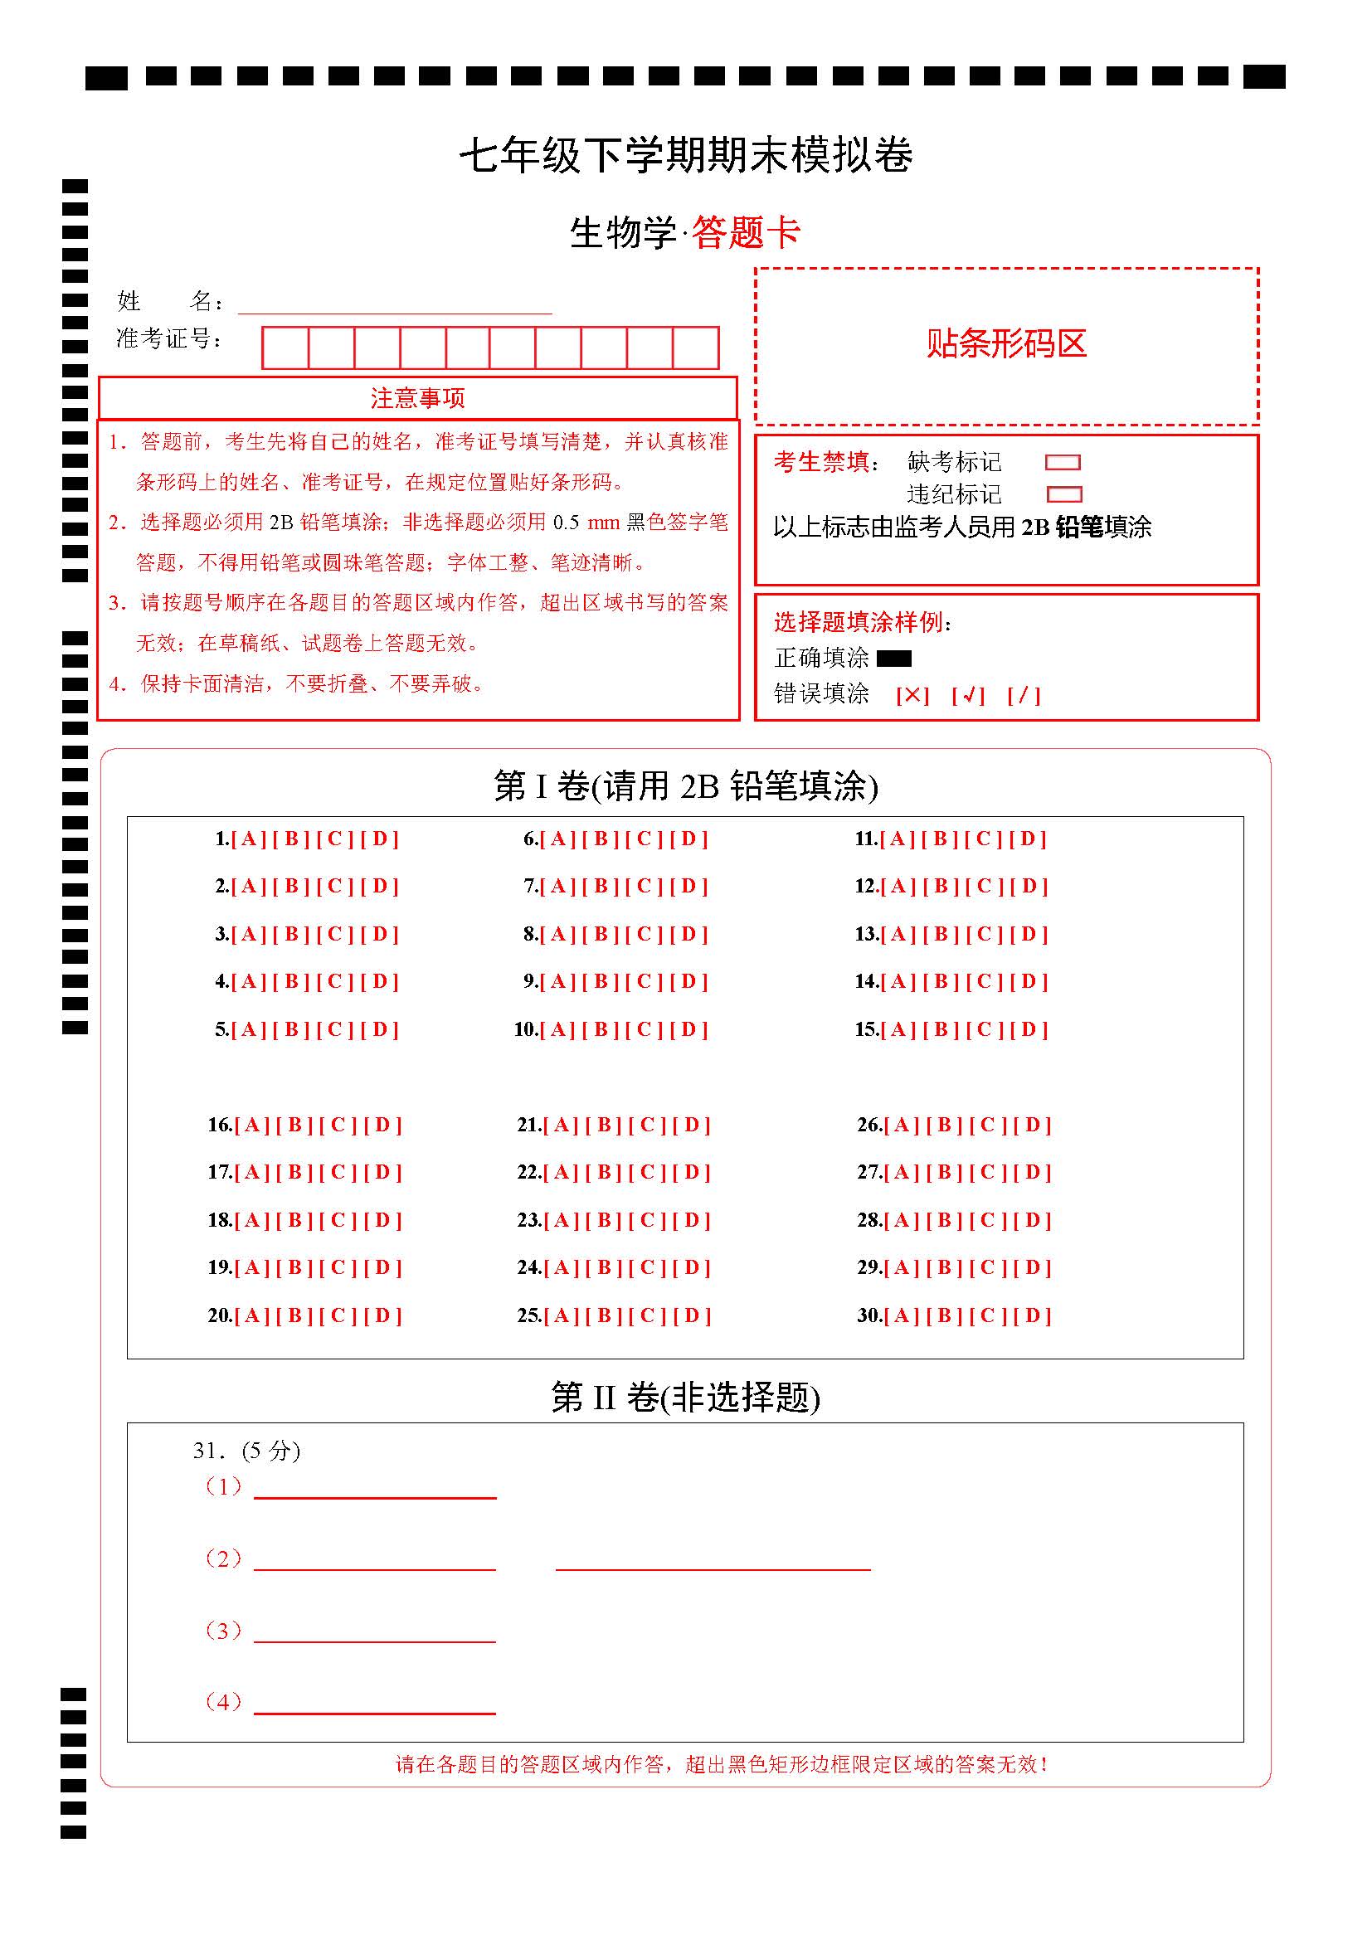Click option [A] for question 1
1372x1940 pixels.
click(x=248, y=839)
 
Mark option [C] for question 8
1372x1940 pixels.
click(x=645, y=935)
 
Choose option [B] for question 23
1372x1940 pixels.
click(x=604, y=1221)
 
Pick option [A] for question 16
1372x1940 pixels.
click(x=252, y=1126)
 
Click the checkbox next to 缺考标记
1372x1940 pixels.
click(x=1063, y=462)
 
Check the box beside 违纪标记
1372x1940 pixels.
click(x=1063, y=494)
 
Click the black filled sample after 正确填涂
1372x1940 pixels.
click(x=894, y=659)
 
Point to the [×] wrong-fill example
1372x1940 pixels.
click(x=912, y=695)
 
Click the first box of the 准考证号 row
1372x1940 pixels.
click(x=285, y=348)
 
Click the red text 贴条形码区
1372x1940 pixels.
click(x=1006, y=344)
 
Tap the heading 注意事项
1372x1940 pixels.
click(x=417, y=398)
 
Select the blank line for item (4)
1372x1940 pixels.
click(x=374, y=1705)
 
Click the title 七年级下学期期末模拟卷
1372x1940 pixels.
click(x=686, y=155)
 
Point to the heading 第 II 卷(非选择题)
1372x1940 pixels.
click(x=685, y=1398)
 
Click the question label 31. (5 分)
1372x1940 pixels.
click(x=246, y=1451)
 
